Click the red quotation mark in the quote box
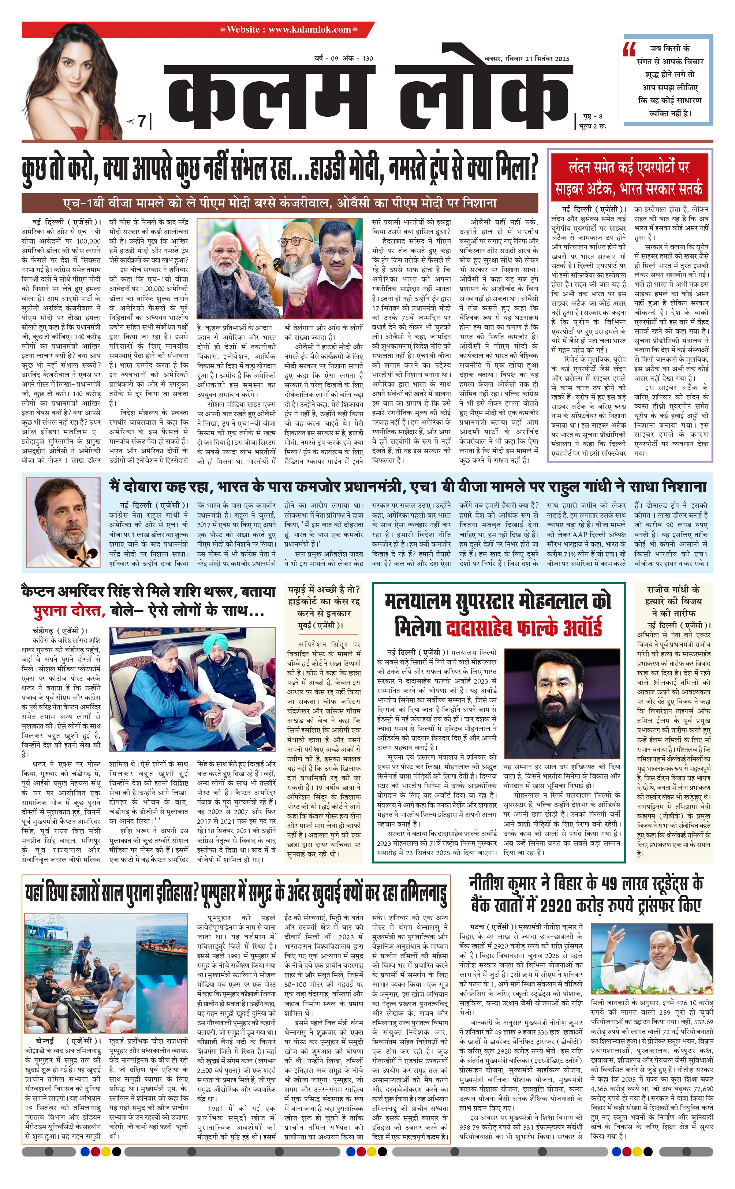(629, 49)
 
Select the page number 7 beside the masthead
(141, 121)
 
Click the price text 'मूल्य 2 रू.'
(593, 126)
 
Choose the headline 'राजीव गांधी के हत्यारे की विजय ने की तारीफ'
(673, 601)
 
